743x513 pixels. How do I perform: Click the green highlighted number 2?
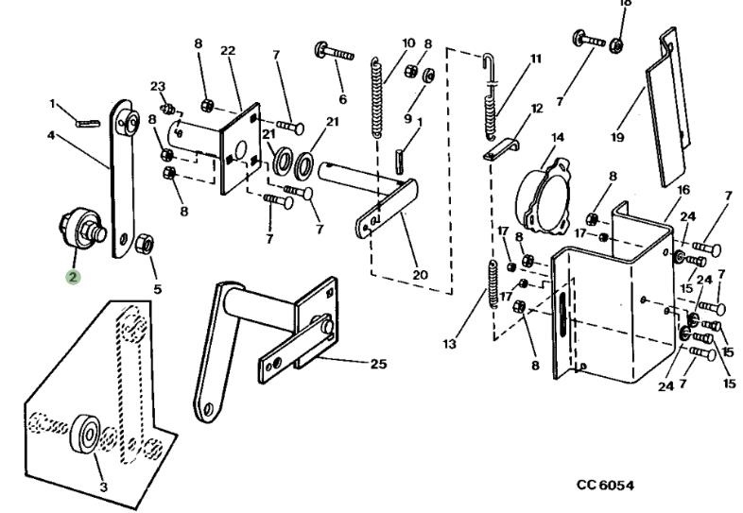pos(73,277)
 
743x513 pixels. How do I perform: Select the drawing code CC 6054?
pos(605,485)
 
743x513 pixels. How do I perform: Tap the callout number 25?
pos(379,364)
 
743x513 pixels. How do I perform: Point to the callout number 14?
pos(558,137)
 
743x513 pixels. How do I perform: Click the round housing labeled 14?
pos(544,197)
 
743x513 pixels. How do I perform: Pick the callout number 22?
pos(228,50)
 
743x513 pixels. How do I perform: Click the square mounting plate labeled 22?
pos(241,148)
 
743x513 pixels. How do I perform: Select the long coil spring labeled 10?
pos(377,97)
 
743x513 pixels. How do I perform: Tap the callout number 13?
pos(450,344)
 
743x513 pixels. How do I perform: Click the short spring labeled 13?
pos(492,284)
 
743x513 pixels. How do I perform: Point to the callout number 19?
pos(617,137)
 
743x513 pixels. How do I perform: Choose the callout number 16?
pos(683,190)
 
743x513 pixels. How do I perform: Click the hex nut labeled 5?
pos(144,244)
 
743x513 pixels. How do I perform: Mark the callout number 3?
pos(103,487)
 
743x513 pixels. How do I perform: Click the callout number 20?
pos(420,275)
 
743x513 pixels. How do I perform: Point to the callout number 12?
pos(536,109)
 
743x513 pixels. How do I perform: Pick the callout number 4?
pos(51,135)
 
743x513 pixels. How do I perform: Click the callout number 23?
pos(158,87)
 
